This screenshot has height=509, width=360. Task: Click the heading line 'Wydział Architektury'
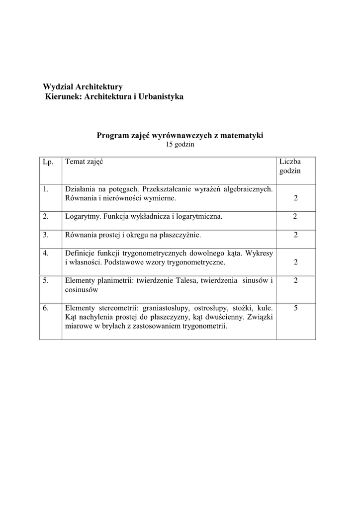tap(83, 87)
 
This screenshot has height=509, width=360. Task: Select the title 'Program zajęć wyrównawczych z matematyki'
tap(180, 135)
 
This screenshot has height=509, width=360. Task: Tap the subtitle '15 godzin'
tap(180, 145)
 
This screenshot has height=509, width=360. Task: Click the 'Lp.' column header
tap(48, 162)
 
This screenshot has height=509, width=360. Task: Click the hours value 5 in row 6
tap(295, 308)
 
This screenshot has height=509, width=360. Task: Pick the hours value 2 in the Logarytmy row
tap(295, 217)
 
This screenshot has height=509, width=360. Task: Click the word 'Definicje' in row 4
tap(79, 253)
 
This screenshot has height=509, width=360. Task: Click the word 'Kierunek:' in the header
tap(64, 96)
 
